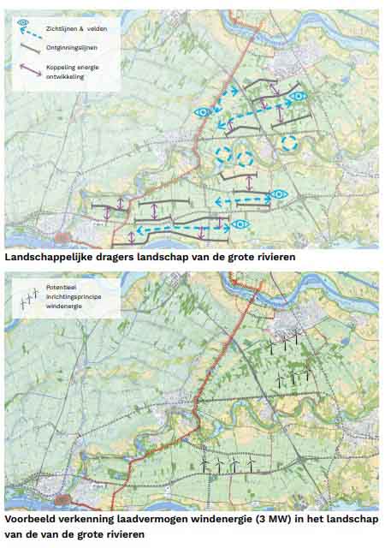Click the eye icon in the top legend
[23, 22]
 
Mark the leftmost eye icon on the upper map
[203, 112]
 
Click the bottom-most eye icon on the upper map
[241, 224]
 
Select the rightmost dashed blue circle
[289, 143]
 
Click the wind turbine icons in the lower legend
[29, 297]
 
